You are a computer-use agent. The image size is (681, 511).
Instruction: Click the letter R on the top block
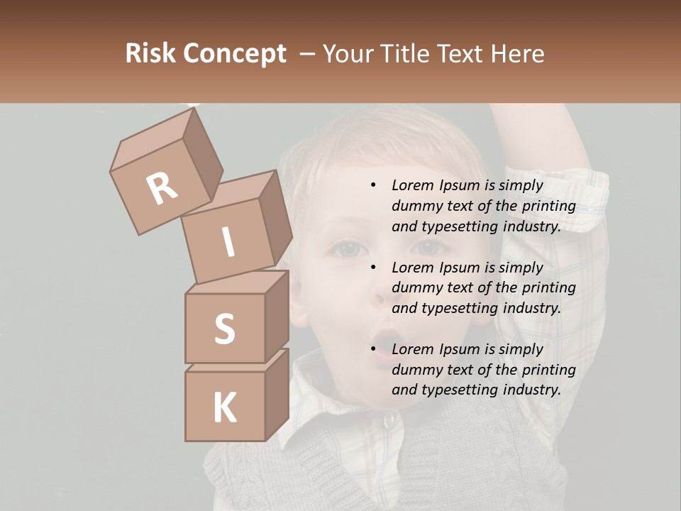pyautogui.click(x=162, y=189)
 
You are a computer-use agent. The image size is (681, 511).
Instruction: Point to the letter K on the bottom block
pyautogui.click(x=225, y=408)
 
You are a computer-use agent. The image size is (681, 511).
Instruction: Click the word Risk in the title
pyautogui.click(x=150, y=54)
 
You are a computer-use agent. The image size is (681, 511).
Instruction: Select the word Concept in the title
pyautogui.click(x=235, y=54)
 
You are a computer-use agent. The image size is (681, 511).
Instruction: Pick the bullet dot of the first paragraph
pyautogui.click(x=373, y=185)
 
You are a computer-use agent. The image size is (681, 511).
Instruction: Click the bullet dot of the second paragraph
pyautogui.click(x=373, y=268)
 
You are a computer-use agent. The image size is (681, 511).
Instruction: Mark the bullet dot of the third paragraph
pyautogui.click(x=373, y=349)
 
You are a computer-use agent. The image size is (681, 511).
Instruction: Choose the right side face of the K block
pyautogui.click(x=277, y=394)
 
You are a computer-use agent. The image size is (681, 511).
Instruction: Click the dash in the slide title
pyautogui.click(x=307, y=54)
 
